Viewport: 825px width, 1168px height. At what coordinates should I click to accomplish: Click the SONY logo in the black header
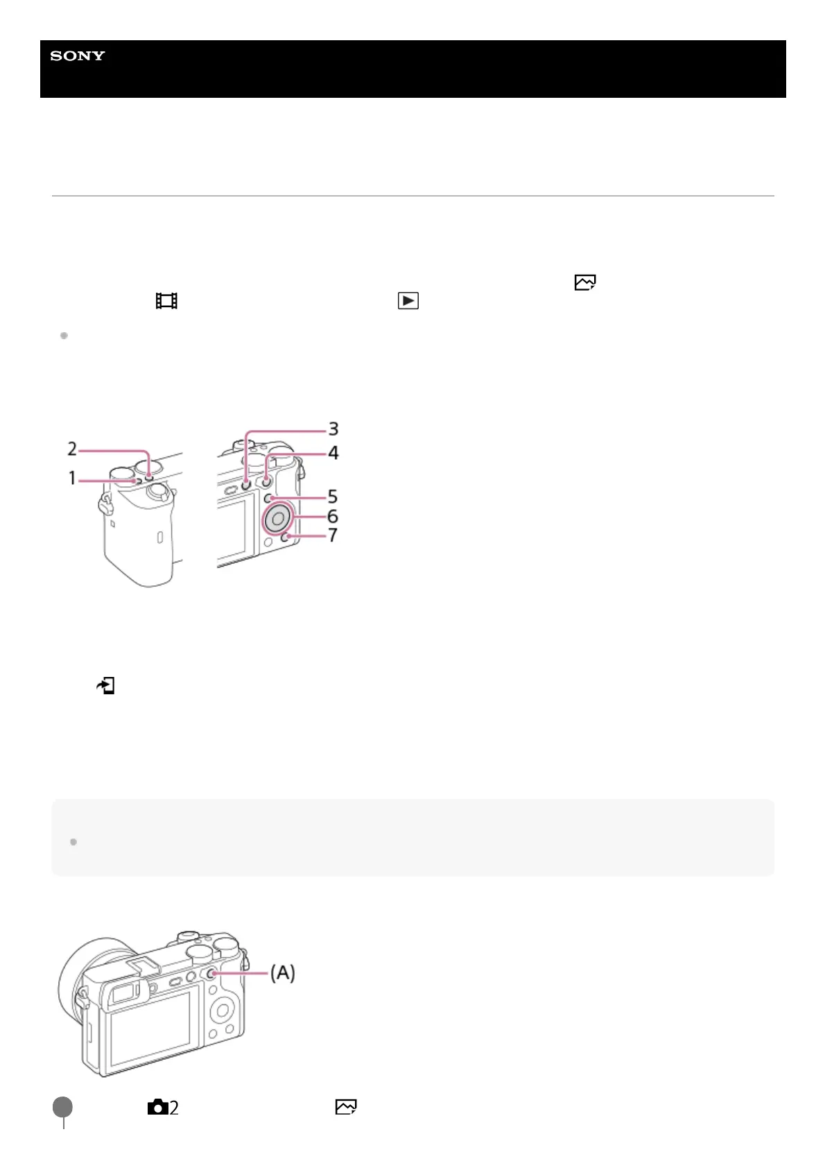[78, 55]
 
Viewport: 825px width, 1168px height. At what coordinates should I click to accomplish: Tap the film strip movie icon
[166, 301]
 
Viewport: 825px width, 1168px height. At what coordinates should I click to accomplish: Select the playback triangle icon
[408, 301]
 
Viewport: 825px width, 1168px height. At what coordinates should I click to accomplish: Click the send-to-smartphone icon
[106, 685]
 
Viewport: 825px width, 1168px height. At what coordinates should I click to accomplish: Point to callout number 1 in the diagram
[72, 478]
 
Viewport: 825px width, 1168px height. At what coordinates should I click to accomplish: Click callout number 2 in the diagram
[72, 449]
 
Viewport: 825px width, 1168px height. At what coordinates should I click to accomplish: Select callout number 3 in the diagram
[333, 429]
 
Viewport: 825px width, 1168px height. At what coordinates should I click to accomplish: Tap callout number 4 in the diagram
[333, 453]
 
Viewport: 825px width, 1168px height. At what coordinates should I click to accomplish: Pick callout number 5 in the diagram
[333, 497]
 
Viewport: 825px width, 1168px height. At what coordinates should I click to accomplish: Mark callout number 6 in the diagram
[333, 516]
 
